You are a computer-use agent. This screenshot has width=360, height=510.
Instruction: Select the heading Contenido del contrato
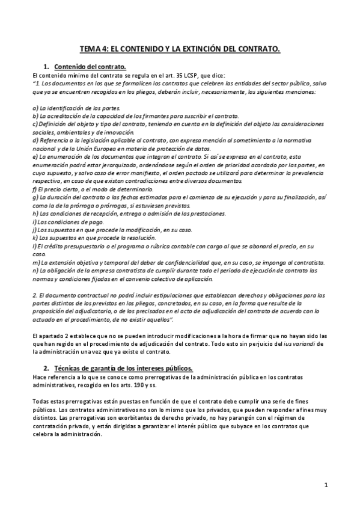point(90,66)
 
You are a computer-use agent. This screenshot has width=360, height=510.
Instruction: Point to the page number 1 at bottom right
point(325,485)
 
